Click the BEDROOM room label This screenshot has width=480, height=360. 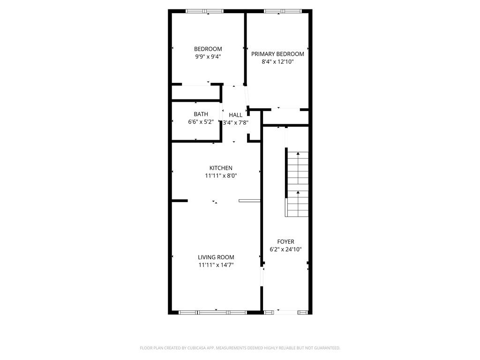pos(208,49)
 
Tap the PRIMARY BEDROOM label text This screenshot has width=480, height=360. pos(277,54)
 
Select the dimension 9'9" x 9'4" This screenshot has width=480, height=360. pos(208,57)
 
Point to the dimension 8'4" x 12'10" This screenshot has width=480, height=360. pos(277,61)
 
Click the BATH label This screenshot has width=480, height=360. pos(201,114)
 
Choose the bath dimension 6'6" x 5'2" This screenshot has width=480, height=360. pos(201,122)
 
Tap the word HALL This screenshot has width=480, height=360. pos(235,115)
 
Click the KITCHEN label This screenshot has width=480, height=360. pos(220,168)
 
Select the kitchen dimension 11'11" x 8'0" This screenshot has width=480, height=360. pos(220,176)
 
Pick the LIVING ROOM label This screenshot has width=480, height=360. pos(216,257)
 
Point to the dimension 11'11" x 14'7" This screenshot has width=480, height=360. pos(216,265)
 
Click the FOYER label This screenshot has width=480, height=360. pos(285,241)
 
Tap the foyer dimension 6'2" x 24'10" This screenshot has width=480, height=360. pos(285,249)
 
